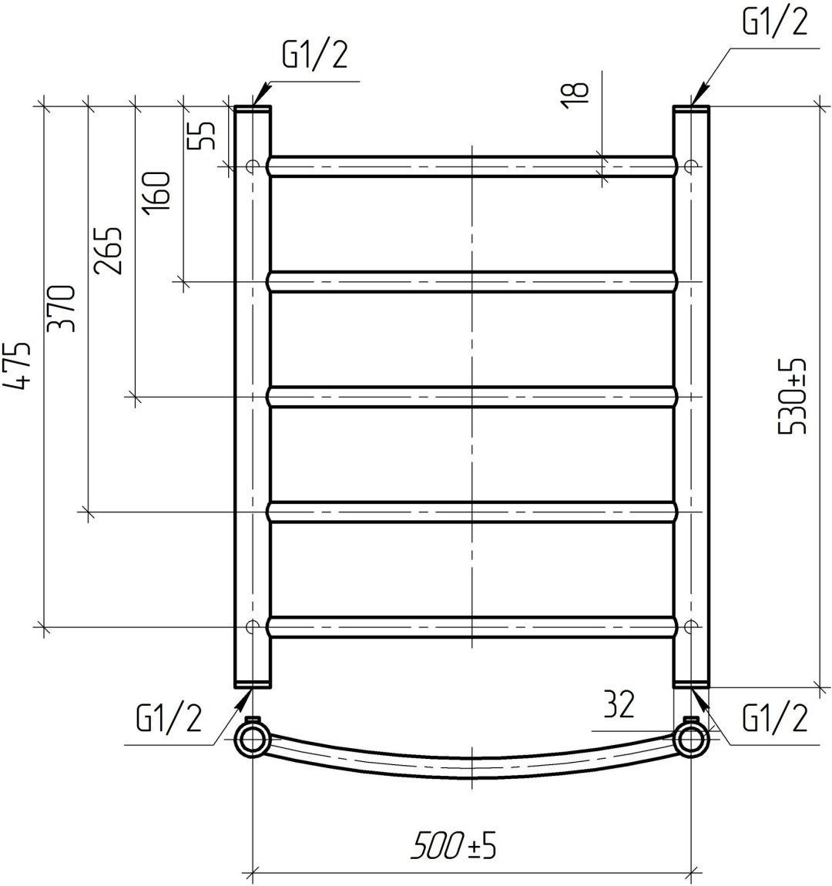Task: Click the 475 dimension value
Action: point(16,366)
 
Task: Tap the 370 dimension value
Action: point(61,309)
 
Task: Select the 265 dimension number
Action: point(107,251)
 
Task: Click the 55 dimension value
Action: point(202,135)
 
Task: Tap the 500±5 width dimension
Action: point(454,847)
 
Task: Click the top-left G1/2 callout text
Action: point(314,56)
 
